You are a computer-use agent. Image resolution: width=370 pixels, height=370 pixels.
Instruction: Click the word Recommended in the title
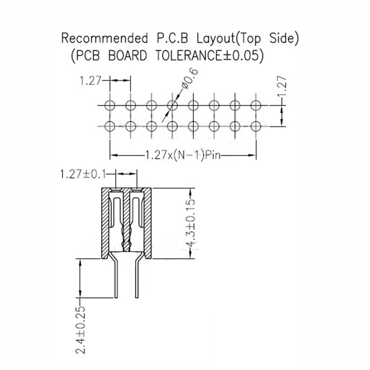click(104, 39)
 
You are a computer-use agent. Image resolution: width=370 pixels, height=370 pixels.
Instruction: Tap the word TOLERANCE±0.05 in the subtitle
click(209, 56)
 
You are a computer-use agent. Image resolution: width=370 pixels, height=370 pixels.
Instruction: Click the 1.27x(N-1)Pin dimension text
click(183, 155)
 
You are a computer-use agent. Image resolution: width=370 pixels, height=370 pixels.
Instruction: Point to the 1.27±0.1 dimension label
click(83, 174)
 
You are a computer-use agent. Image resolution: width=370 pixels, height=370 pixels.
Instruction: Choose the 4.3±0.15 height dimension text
click(191, 224)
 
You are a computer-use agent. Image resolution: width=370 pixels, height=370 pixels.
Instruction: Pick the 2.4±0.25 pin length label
click(81, 330)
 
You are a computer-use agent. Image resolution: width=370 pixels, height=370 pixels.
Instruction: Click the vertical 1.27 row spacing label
click(282, 86)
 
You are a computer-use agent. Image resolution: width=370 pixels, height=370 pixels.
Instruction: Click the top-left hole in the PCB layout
click(110, 105)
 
